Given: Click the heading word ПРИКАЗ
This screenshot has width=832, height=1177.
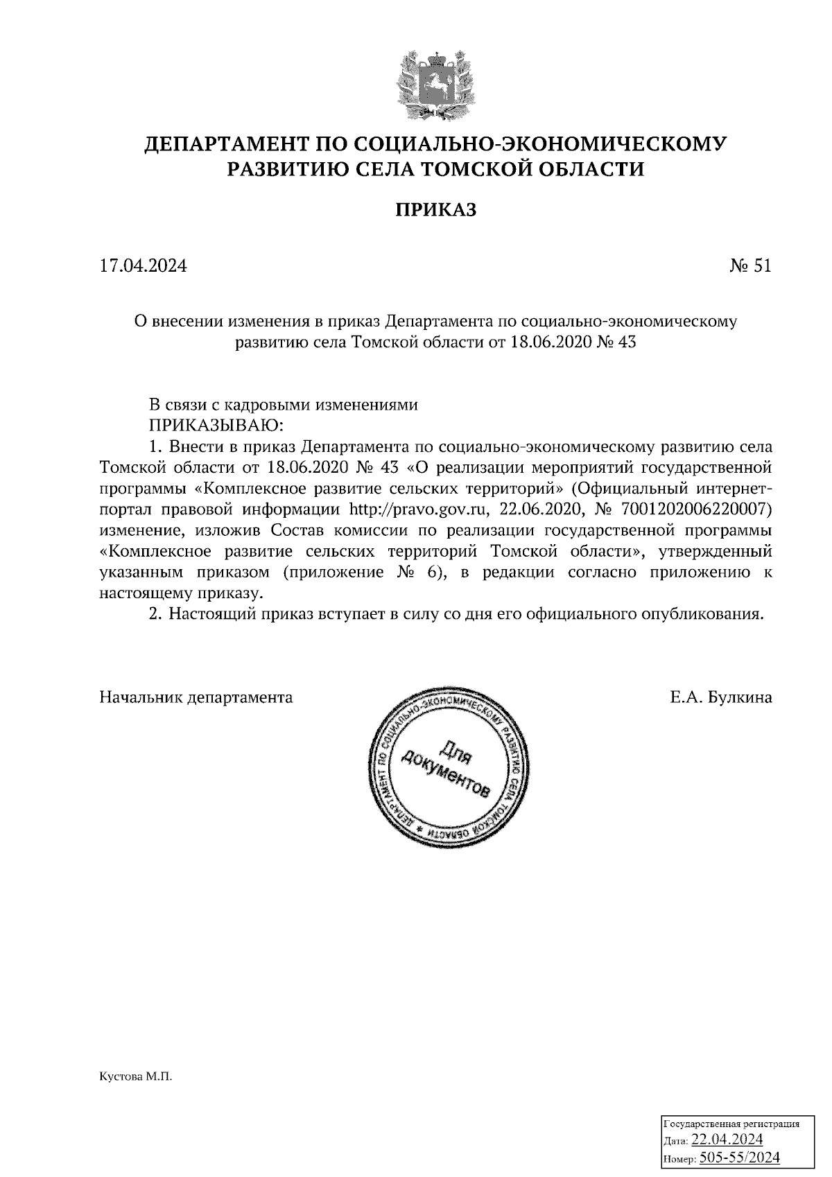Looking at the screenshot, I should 436,210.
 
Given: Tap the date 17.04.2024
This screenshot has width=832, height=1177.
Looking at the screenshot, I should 143,266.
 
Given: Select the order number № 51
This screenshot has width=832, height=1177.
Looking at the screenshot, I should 749,266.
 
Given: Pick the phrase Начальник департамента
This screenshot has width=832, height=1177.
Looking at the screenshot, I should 196,697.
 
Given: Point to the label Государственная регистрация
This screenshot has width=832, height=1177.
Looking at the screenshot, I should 732,1124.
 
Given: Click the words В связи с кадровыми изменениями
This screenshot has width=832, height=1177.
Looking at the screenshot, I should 284,406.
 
